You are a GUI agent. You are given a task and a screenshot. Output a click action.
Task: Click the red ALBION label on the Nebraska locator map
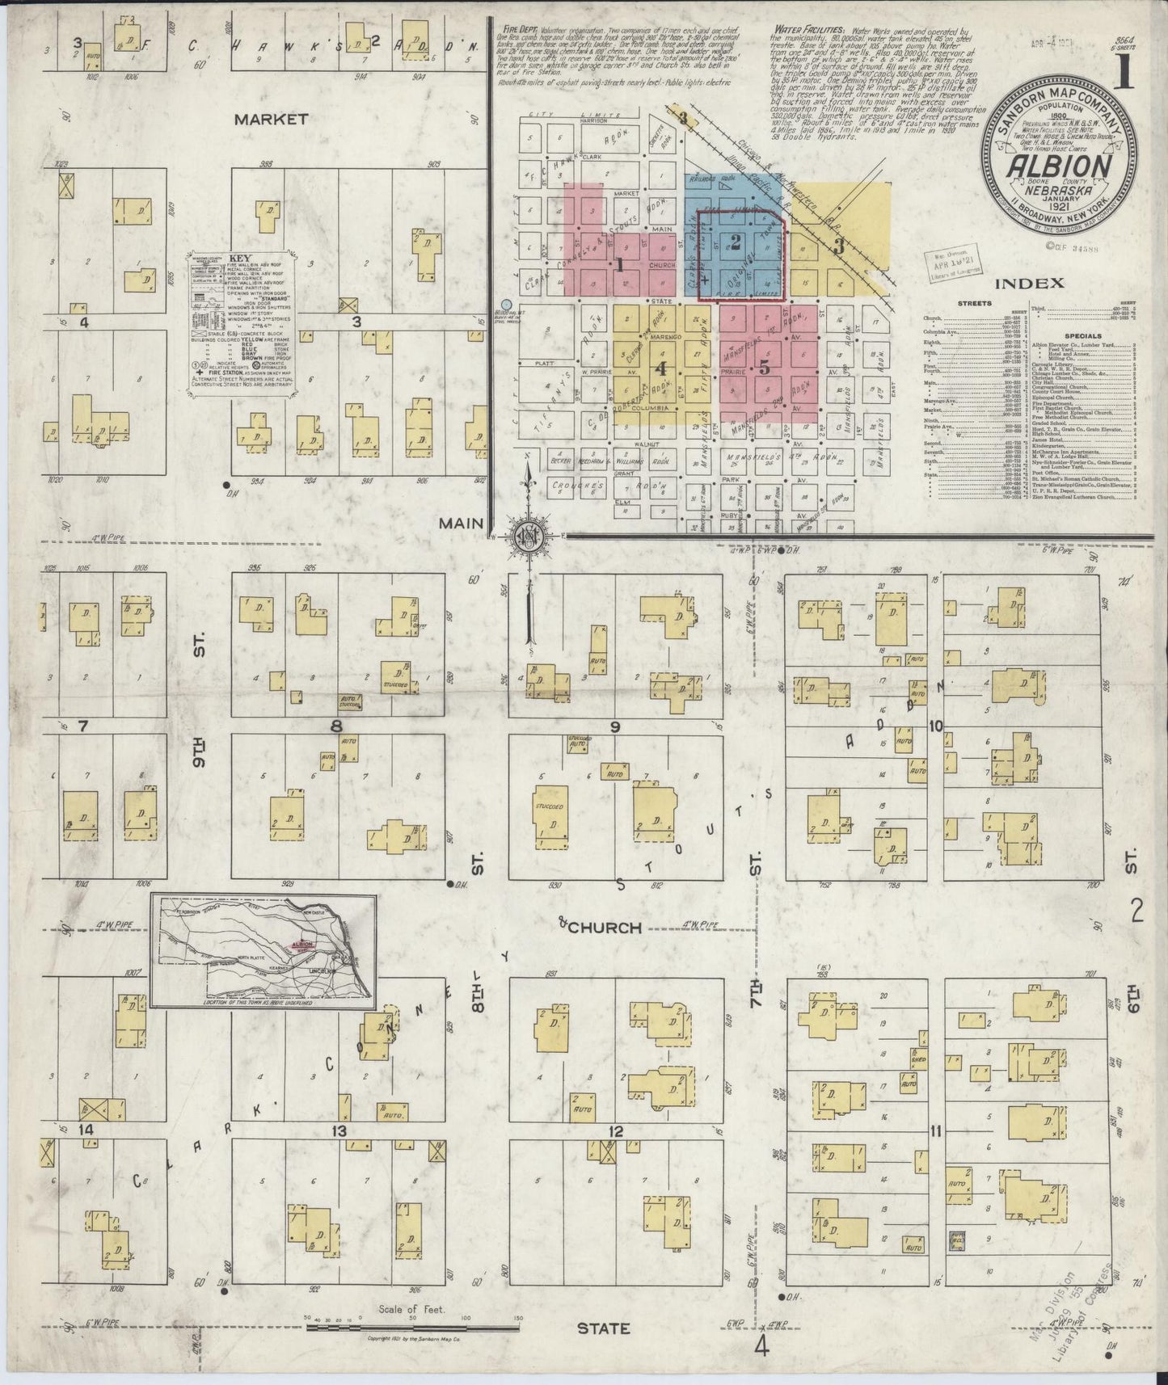[x=302, y=943]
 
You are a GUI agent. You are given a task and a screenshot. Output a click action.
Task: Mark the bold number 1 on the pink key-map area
[x=619, y=263]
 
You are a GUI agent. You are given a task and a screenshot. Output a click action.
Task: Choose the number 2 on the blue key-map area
[x=735, y=240]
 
